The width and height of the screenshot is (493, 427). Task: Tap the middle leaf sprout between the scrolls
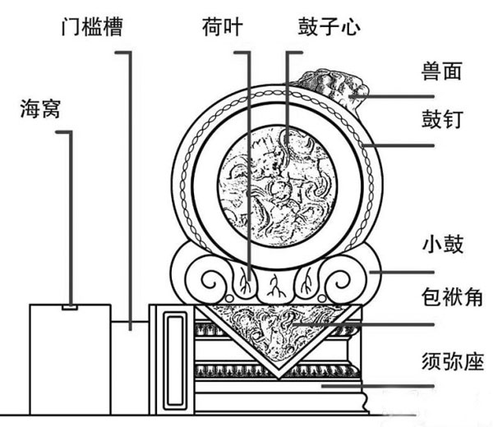coord(276,287)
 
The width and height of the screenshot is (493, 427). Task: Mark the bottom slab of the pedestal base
coord(279,399)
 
